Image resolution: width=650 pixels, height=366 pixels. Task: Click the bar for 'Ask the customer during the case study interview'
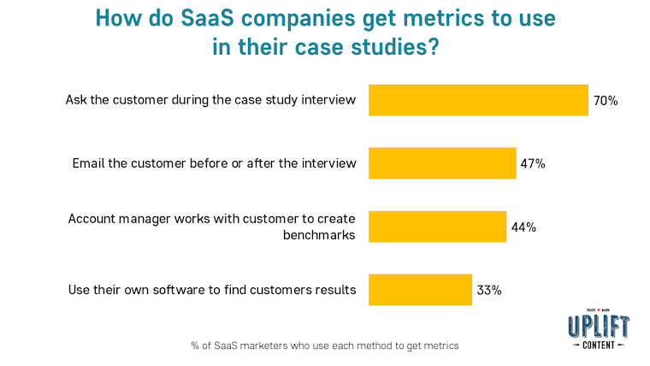click(x=478, y=100)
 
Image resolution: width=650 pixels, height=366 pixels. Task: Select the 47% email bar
click(x=442, y=163)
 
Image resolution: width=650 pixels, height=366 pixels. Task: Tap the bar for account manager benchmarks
click(x=437, y=227)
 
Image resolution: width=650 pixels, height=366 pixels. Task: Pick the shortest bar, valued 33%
click(x=420, y=290)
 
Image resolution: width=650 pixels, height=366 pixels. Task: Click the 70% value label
click(x=605, y=101)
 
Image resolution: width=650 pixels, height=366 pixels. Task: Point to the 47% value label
click(x=532, y=163)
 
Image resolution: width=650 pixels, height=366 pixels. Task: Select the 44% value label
click(x=523, y=227)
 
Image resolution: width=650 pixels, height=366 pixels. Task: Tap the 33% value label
click(x=488, y=290)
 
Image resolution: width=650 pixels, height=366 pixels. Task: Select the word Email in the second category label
click(x=88, y=163)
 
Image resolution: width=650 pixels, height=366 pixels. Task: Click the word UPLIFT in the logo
click(x=599, y=326)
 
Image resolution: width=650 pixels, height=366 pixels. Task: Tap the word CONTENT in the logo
click(x=599, y=345)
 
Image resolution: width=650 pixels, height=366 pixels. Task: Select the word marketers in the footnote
click(x=270, y=345)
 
